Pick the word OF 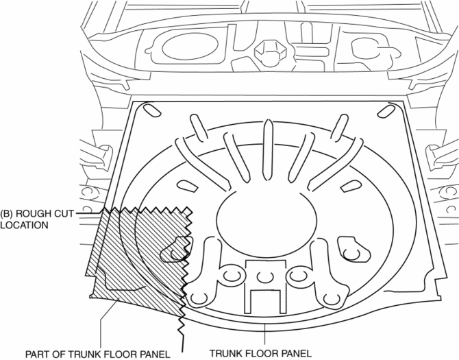(x=59, y=354)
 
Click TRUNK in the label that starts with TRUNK (x=225, y=354)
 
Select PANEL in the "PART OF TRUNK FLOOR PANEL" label (x=152, y=354)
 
